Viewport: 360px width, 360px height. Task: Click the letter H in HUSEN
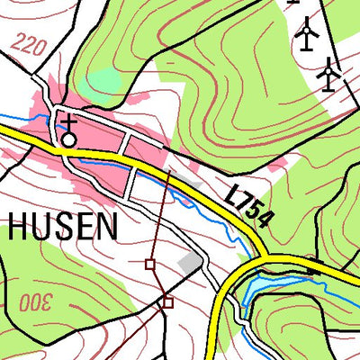point(19,227)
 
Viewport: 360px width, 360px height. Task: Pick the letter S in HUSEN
point(63,227)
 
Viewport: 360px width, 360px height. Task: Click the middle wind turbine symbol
point(308,34)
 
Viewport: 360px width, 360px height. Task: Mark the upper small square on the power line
point(150,264)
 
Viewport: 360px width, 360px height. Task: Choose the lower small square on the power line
point(167,303)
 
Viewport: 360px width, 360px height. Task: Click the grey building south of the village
point(190,262)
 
